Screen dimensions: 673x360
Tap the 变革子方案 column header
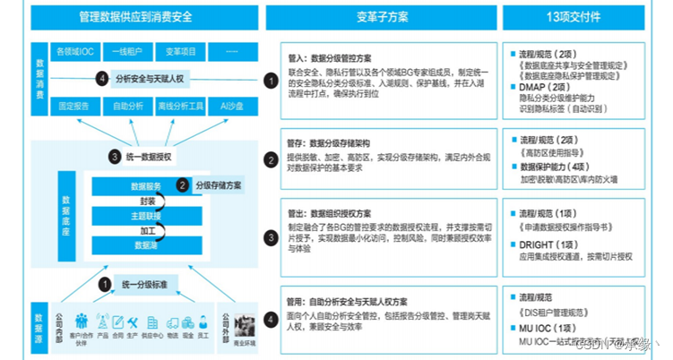(381, 16)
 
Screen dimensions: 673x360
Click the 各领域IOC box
(74, 51)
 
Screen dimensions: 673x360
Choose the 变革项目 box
(181, 51)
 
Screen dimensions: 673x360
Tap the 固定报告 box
(74, 106)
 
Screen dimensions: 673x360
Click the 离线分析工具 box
(181, 106)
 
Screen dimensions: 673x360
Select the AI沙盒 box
(230, 106)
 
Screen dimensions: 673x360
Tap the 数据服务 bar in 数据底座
(146, 186)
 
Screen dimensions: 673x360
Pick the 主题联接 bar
(146, 216)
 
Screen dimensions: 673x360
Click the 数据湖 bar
(146, 244)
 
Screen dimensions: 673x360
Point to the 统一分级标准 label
(148, 285)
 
